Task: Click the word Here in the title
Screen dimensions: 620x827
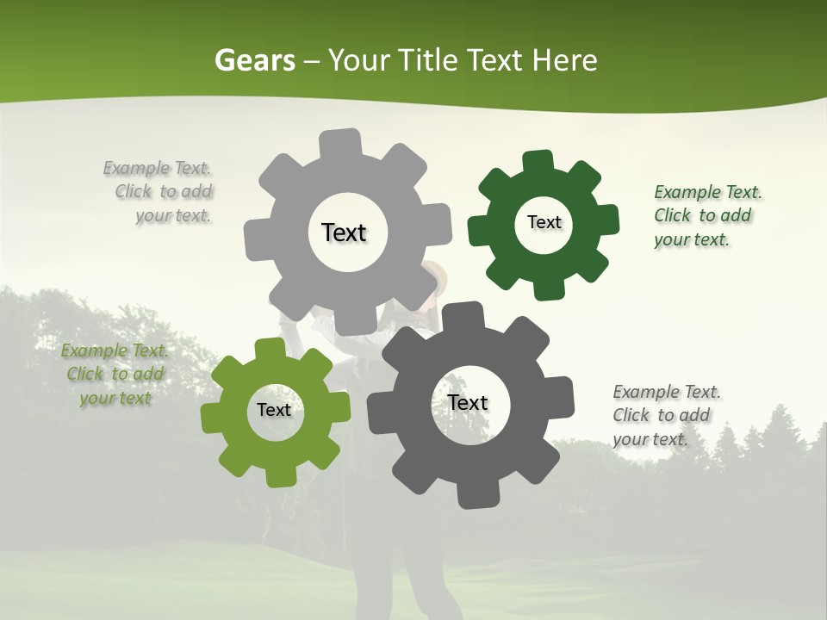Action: click(x=564, y=60)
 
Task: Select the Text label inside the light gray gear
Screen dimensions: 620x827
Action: click(x=344, y=232)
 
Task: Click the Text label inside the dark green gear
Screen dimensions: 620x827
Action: click(x=544, y=222)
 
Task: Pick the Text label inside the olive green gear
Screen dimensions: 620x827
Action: click(x=273, y=410)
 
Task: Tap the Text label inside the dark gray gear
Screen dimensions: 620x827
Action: click(x=468, y=402)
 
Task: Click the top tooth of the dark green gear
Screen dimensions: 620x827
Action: click(x=538, y=161)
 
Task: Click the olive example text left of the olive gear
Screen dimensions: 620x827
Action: click(x=115, y=374)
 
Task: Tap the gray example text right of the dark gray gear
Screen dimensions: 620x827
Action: click(x=665, y=415)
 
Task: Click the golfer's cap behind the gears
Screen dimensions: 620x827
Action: click(x=437, y=273)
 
